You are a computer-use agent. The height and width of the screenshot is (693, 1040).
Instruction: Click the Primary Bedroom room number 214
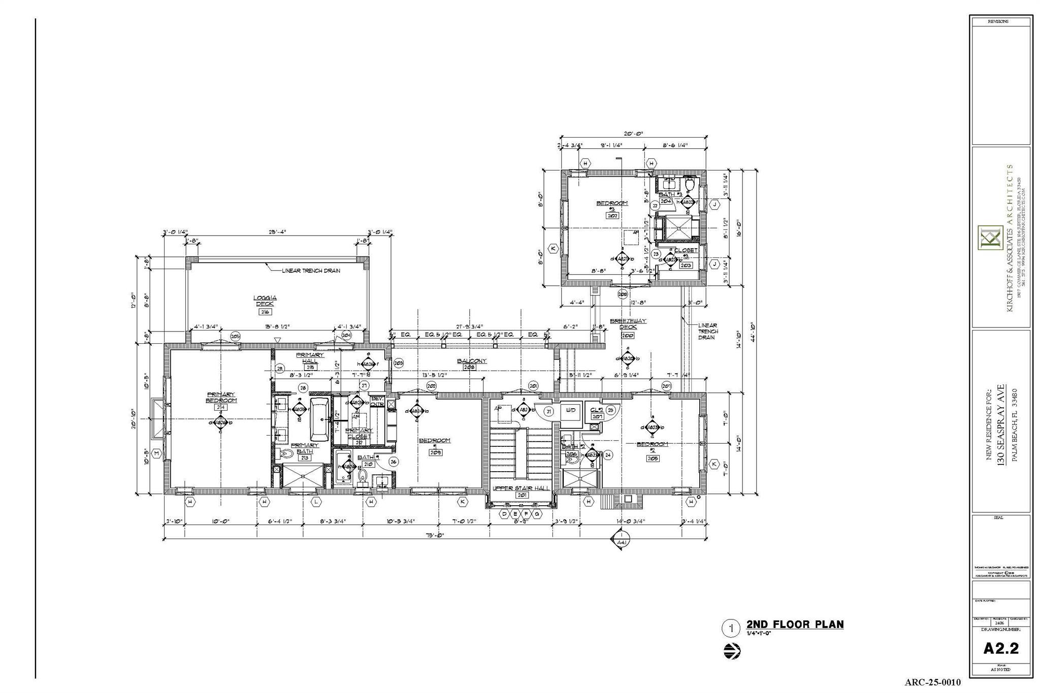tap(220, 407)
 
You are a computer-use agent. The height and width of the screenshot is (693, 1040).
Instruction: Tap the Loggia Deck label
tap(265, 301)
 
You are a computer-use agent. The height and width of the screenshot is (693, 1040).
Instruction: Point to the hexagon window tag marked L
tap(316, 502)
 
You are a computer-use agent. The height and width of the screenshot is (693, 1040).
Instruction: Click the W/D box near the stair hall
tap(571, 410)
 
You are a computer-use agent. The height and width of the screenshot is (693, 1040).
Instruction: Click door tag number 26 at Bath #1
tap(393, 461)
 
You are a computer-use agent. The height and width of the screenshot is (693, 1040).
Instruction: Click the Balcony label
tap(471, 361)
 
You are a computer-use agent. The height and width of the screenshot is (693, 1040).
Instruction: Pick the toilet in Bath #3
tap(689, 183)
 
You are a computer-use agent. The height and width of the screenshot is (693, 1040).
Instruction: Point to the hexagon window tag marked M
tap(156, 453)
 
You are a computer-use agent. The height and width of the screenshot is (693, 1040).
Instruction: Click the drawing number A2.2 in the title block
tap(1001, 648)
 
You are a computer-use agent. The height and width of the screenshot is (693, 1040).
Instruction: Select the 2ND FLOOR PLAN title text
tap(795, 624)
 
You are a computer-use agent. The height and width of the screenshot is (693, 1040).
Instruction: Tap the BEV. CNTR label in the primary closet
tap(377, 402)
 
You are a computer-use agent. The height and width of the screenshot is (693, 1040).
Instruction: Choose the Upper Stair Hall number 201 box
tap(522, 495)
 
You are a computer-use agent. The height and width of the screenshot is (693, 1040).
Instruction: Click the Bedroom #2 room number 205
tap(653, 458)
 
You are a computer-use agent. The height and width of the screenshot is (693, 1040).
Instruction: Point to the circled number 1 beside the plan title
tap(731, 629)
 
